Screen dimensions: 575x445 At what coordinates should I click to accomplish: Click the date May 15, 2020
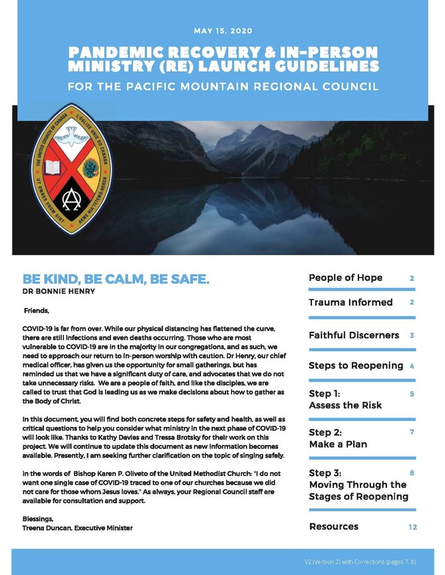click(x=222, y=32)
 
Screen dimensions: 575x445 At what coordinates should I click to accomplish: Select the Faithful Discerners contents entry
click(x=353, y=335)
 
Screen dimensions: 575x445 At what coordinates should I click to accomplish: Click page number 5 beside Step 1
click(x=412, y=395)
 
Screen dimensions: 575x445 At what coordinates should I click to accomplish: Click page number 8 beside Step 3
click(x=412, y=473)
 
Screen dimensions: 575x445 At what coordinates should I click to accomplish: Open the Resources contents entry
click(x=333, y=527)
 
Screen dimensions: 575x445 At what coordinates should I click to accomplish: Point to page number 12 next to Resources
click(x=413, y=527)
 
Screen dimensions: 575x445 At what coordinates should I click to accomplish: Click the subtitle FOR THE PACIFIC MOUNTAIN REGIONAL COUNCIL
click(x=222, y=87)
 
